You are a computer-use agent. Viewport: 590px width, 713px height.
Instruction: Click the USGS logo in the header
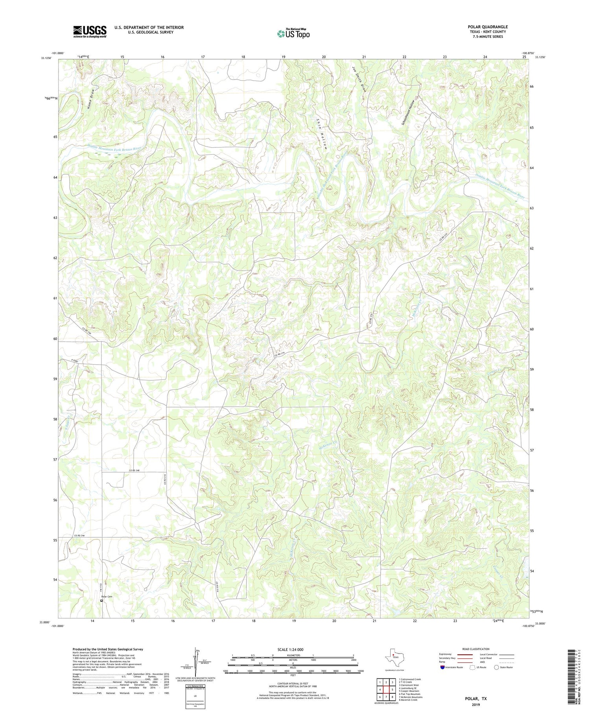click(90, 32)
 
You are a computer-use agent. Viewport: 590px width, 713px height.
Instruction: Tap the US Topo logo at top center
click(293, 34)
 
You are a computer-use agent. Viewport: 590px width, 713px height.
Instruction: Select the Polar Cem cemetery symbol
click(101, 601)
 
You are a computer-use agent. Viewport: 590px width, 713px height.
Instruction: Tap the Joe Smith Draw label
click(360, 79)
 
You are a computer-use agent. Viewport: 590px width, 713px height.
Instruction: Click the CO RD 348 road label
click(135, 470)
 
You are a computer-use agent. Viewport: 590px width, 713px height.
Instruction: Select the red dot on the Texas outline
click(393, 655)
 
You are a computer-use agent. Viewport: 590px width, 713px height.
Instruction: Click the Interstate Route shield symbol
click(442, 667)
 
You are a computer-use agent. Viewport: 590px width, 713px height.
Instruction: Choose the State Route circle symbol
click(496, 667)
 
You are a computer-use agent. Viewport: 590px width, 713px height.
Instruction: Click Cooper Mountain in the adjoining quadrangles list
click(409, 691)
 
